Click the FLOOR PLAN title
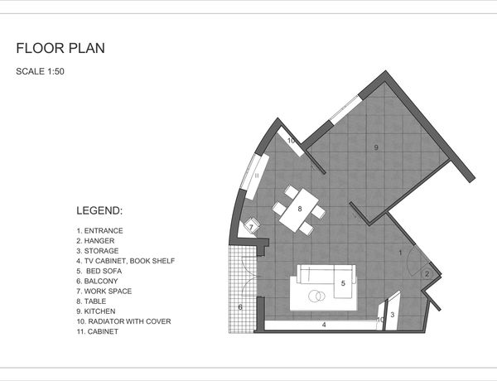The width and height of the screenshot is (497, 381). point(60,48)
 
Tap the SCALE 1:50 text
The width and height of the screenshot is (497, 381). point(40,71)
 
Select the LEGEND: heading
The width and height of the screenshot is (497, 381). point(99,210)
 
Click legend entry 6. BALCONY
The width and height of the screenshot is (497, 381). point(97,281)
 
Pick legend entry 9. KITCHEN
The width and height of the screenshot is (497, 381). point(96,311)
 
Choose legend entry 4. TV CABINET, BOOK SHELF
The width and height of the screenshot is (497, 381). point(126,261)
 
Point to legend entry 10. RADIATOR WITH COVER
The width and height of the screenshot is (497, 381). point(123,321)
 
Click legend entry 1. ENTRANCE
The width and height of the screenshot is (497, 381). point(99,231)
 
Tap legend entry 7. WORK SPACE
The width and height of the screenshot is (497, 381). point(104,292)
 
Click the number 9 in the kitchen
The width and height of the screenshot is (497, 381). point(376,147)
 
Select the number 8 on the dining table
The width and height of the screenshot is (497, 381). point(300,209)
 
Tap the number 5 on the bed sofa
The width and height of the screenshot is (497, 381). point(343,283)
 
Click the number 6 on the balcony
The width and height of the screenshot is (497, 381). point(240,307)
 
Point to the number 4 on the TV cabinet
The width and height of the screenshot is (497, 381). point(324,325)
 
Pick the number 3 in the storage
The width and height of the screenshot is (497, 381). point(393,315)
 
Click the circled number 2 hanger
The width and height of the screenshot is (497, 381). point(427,274)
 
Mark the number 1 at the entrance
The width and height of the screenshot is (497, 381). point(400,253)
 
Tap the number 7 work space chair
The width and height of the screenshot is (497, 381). point(251,227)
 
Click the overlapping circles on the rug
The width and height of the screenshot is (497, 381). point(316,296)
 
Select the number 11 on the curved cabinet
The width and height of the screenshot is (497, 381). point(257,176)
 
